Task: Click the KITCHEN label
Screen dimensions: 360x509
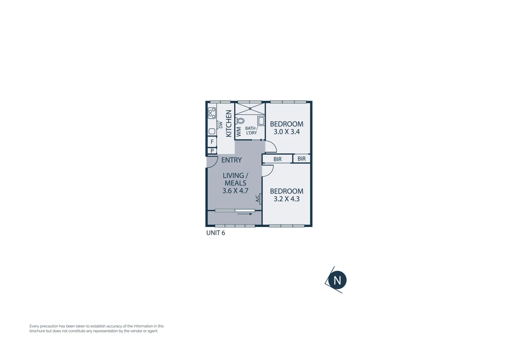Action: click(229, 123)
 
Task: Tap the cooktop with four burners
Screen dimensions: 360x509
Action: click(212, 113)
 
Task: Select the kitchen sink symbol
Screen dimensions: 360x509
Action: click(212, 131)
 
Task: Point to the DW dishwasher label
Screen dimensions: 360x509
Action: click(221, 125)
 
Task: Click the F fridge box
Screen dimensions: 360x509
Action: click(212, 142)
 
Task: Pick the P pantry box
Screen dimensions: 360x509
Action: click(212, 151)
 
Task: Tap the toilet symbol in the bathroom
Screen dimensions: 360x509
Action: click(240, 121)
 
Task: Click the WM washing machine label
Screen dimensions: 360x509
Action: click(239, 131)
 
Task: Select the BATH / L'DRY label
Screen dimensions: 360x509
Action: click(252, 130)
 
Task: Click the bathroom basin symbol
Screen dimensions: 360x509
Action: click(261, 121)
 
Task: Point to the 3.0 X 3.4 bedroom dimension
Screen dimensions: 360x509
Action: click(286, 132)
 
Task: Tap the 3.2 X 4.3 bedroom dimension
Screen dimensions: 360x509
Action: click(286, 199)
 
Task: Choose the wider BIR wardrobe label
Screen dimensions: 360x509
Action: click(277, 159)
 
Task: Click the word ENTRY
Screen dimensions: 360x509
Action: click(232, 160)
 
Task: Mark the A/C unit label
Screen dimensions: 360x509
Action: click(257, 199)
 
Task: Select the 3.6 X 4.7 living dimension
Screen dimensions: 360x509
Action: click(236, 191)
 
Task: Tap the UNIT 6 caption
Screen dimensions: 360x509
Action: click(216, 233)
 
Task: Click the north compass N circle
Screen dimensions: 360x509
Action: click(337, 280)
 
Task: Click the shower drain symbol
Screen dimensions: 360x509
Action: click(250, 109)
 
